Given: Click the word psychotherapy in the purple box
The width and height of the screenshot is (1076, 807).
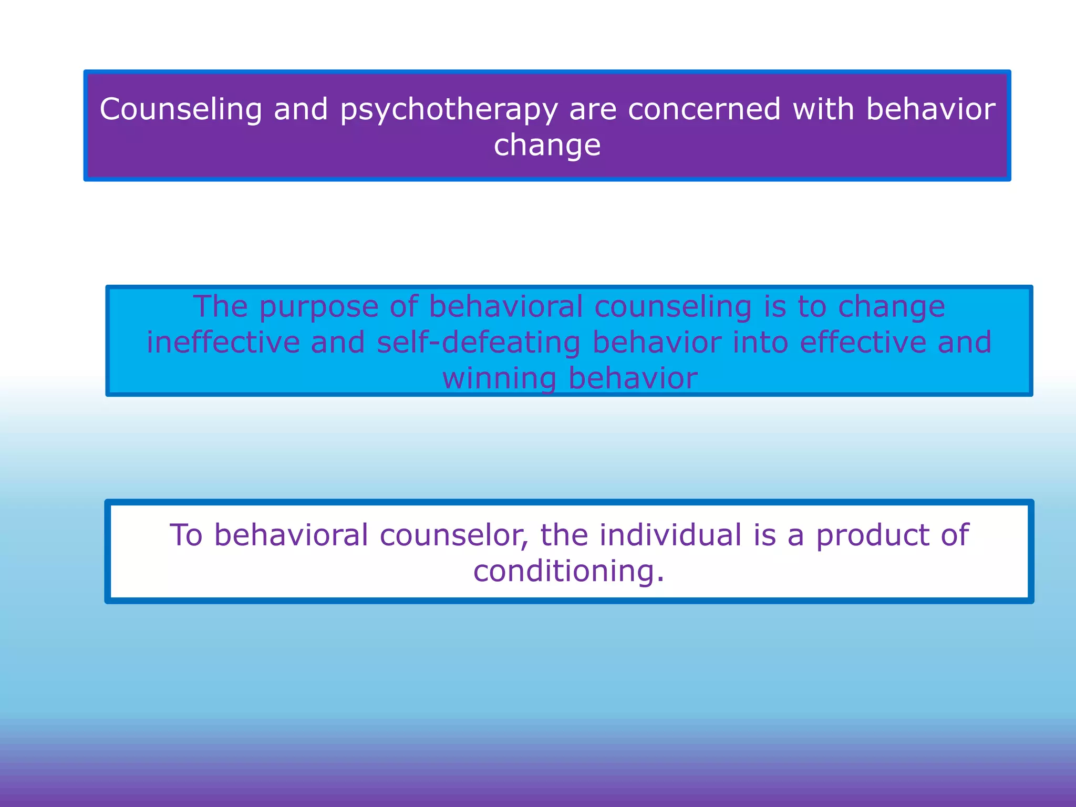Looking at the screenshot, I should tap(449, 110).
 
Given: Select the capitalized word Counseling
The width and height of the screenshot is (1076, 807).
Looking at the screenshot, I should tap(181, 110).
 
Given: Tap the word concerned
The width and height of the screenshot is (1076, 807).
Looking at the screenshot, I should tap(704, 109).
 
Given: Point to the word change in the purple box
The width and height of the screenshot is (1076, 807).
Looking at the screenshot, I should tap(547, 146).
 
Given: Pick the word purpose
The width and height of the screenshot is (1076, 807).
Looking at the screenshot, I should tap(319, 306).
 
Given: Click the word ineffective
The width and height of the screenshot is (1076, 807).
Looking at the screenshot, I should tap(223, 342).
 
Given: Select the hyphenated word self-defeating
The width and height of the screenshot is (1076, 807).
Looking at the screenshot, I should tap(479, 342).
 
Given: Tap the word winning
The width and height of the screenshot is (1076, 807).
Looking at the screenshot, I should tap(499, 378).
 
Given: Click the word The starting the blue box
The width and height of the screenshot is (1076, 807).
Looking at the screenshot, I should tap(220, 306).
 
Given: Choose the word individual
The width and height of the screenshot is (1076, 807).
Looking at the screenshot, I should tap(670, 535).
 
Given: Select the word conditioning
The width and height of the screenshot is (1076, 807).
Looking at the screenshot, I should tap(569, 572).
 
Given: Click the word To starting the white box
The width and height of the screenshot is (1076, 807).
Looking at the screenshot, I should tap(186, 535).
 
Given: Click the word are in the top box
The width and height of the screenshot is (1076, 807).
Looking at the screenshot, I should tap(593, 109).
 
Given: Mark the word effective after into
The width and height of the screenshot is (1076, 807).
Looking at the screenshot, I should tap(863, 342).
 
